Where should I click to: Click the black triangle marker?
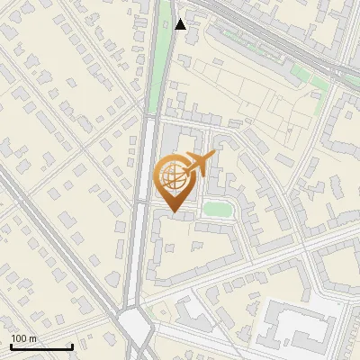click(181, 23)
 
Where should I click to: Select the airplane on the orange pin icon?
click(199, 164)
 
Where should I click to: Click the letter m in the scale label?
click(32, 338)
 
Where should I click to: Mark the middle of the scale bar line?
click(41, 346)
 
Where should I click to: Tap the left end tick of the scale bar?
click(11, 346)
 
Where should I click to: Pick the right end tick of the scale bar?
click(72, 346)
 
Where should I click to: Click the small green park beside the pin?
click(218, 209)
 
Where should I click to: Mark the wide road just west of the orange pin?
click(142, 180)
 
